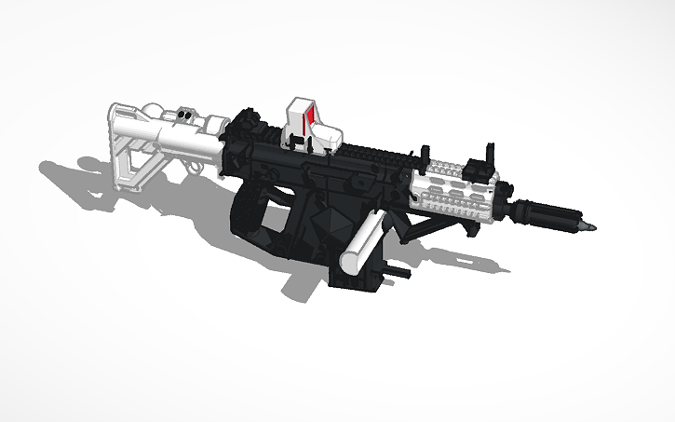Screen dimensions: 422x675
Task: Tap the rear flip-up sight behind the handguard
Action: [x=424, y=156]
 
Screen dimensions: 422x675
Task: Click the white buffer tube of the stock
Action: [x=186, y=140]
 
